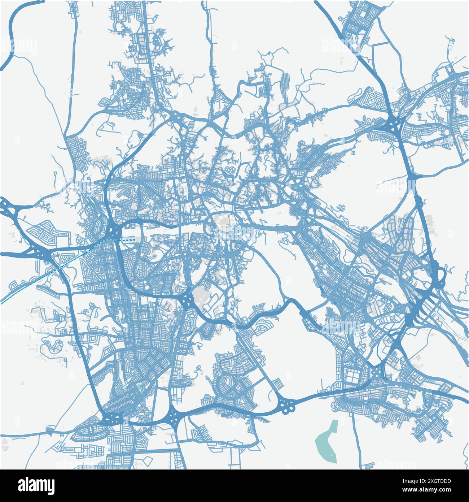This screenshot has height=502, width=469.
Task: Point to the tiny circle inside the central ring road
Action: click(226, 226)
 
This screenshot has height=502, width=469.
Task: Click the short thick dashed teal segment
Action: click(128, 239)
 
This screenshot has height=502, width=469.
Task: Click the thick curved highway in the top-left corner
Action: click(14, 33)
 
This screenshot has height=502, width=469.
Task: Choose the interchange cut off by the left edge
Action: click(5, 208)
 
